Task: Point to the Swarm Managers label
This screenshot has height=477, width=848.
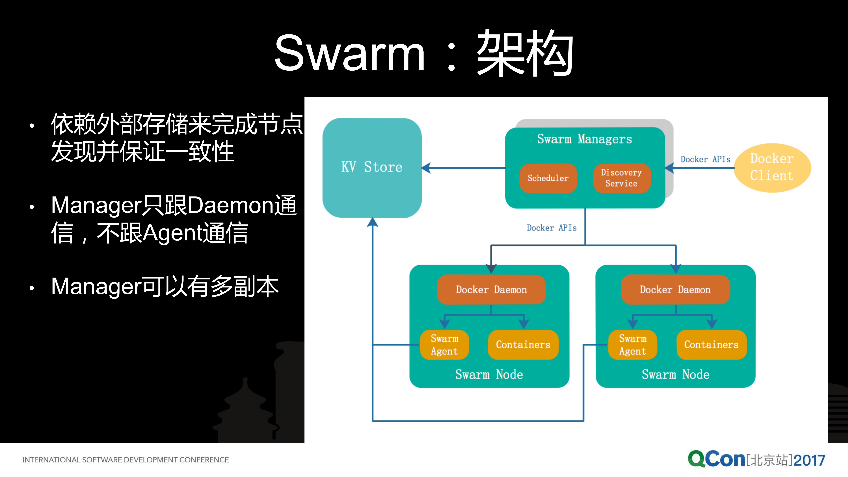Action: (585, 139)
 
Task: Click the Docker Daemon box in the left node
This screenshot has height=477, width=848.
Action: (491, 290)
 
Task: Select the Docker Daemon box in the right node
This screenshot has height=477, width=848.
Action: (675, 290)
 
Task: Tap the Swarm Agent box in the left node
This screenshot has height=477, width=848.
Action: (444, 345)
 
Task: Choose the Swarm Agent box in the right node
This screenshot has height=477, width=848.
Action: (632, 345)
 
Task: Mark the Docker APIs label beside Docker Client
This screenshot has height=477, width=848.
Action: (705, 159)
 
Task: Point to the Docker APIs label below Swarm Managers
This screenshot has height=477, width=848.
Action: (552, 228)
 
